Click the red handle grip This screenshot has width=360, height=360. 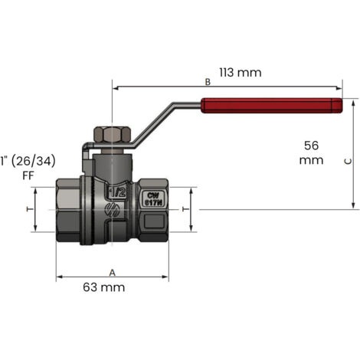(271, 106)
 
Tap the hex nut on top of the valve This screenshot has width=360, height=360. (113, 135)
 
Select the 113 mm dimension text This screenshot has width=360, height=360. (241, 73)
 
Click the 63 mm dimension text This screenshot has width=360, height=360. (104, 287)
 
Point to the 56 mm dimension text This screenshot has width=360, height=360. (311, 152)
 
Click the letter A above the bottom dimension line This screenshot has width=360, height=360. (113, 273)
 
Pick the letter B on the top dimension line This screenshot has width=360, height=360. (208, 82)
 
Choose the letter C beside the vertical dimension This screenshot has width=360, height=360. (349, 162)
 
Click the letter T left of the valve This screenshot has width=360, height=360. (30, 209)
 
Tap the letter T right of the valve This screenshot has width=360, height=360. (185, 209)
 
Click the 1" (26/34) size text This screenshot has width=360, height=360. (28, 162)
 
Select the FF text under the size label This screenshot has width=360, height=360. (28, 175)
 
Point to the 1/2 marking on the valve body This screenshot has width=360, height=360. (117, 192)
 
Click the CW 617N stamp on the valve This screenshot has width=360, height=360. (154, 199)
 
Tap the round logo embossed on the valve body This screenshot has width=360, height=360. (113, 210)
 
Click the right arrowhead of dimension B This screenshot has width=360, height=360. (339, 88)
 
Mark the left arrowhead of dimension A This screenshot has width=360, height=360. (59, 277)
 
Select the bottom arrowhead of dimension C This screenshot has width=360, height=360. (353, 206)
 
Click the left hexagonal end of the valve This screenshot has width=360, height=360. (68, 210)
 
